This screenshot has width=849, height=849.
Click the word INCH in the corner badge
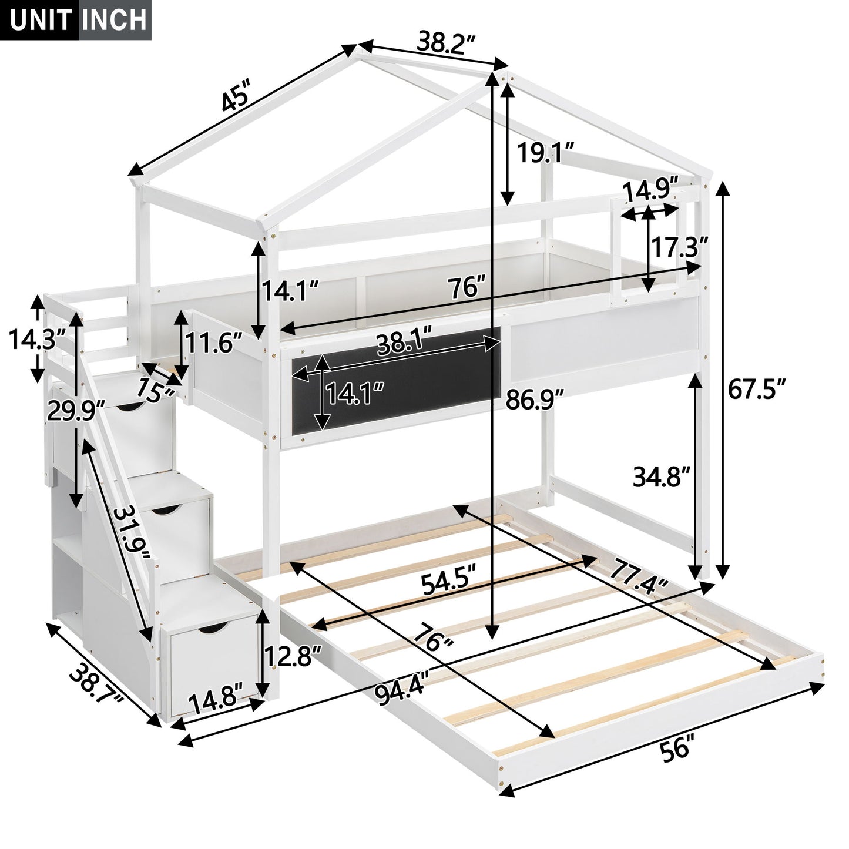point(115,19)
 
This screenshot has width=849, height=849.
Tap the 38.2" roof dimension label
point(446,42)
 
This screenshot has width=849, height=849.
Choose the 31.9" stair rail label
point(132,536)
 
